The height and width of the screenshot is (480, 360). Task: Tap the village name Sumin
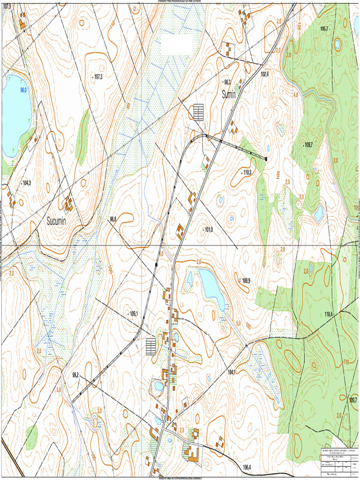click(x=229, y=94)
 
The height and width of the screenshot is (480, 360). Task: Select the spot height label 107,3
click(x=98, y=76)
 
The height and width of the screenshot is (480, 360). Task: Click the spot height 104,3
click(x=26, y=183)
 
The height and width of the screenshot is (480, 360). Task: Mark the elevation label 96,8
click(x=113, y=219)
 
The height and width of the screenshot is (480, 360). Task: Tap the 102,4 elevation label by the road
click(x=265, y=74)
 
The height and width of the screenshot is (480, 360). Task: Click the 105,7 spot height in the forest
click(x=324, y=29)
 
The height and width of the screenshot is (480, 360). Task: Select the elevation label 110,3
click(x=247, y=172)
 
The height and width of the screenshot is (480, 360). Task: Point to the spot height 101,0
click(x=209, y=230)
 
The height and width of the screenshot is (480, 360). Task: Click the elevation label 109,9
click(x=246, y=280)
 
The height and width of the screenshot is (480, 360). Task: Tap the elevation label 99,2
click(x=75, y=375)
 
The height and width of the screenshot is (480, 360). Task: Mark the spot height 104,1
click(x=231, y=372)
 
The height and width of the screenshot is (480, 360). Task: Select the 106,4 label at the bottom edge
click(x=247, y=466)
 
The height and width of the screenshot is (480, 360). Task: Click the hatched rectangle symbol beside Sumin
click(x=199, y=112)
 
